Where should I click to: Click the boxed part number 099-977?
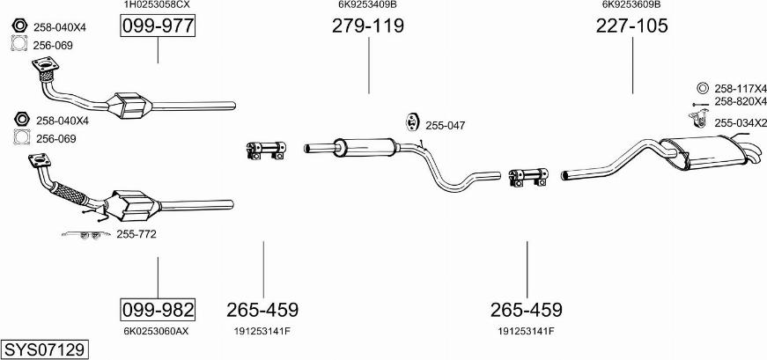click(x=158, y=26)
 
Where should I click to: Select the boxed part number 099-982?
click(x=158, y=310)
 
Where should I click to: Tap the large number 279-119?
click(x=368, y=26)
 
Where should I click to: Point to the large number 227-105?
click(x=632, y=26)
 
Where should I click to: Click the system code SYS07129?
click(x=44, y=349)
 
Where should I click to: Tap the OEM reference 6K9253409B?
click(x=367, y=4)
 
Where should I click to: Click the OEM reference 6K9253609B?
click(x=631, y=4)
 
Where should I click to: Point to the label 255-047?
click(x=445, y=126)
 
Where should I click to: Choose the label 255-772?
click(x=136, y=234)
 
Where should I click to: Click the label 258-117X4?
click(x=741, y=89)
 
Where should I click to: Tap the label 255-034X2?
click(x=741, y=123)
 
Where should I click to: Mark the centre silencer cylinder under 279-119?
click(x=361, y=145)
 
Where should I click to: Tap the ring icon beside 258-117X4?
click(x=702, y=88)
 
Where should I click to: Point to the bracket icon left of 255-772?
click(x=85, y=234)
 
